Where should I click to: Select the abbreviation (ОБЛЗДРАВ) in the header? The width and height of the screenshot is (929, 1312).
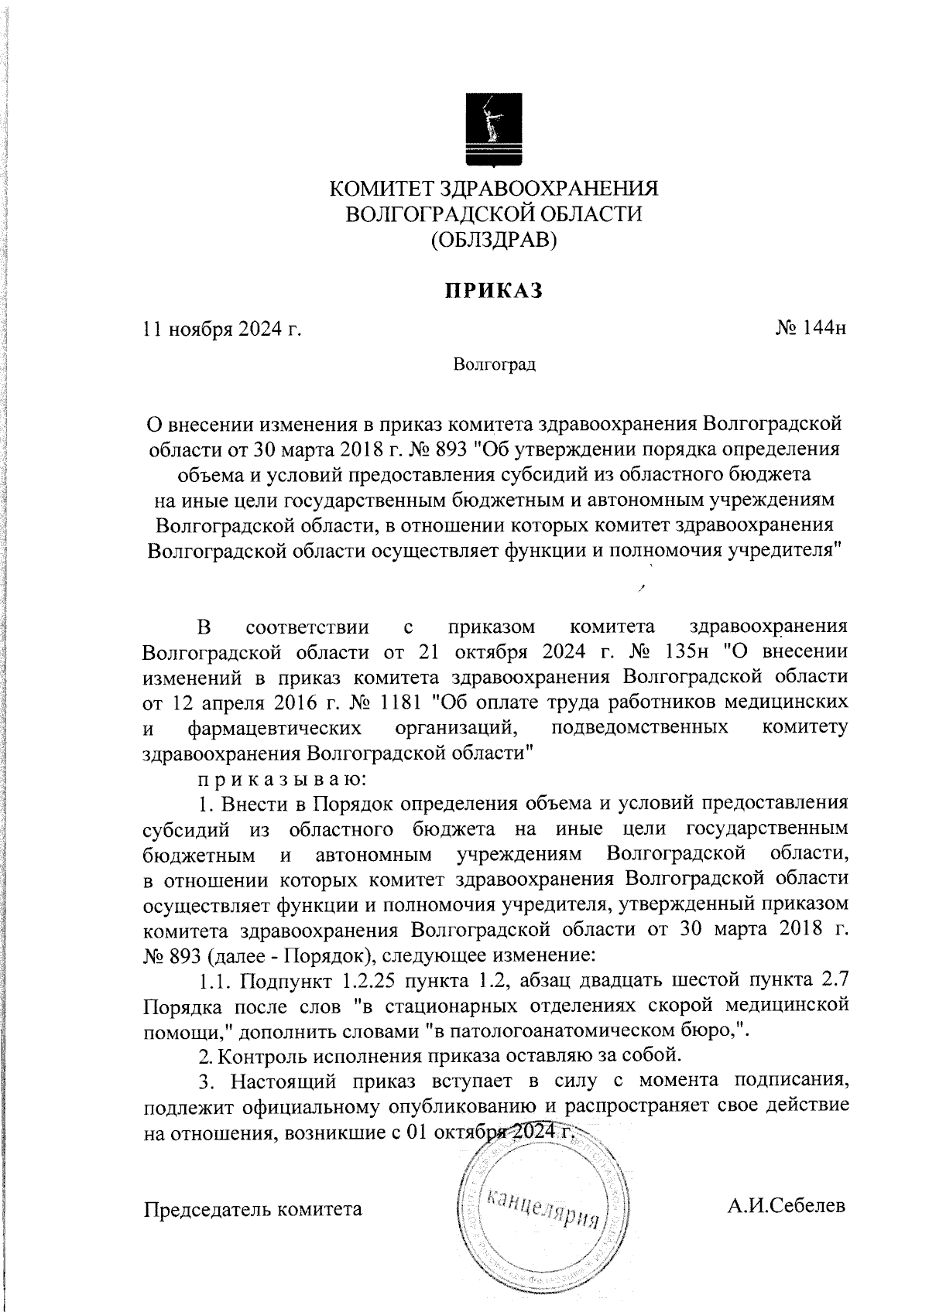click(494, 240)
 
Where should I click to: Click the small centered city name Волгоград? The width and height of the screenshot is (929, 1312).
click(495, 364)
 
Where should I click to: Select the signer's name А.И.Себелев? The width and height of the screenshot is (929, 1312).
click(787, 1206)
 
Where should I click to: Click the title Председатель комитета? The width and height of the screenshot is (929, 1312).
click(253, 1208)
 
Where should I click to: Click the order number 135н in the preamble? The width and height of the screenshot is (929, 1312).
click(701, 651)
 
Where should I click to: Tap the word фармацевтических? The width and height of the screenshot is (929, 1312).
click(274, 728)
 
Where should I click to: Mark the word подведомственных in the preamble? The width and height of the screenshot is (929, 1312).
click(639, 728)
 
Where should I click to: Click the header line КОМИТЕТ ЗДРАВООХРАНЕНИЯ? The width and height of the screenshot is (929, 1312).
click(494, 189)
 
